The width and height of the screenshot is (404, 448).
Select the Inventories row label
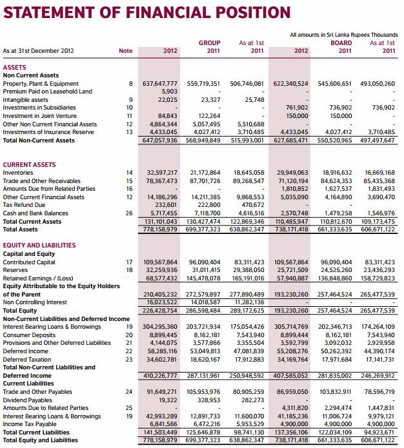[x=18, y=173]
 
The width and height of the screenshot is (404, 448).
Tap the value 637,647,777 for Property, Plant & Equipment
[x=159, y=84]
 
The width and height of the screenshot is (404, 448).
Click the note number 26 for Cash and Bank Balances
[x=129, y=213]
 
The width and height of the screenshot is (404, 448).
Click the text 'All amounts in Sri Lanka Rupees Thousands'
[x=344, y=34]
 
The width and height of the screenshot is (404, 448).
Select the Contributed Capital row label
[x=30, y=261]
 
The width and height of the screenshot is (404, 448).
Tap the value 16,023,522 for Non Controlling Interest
[x=161, y=302]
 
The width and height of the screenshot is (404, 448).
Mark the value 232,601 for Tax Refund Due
[x=164, y=205]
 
